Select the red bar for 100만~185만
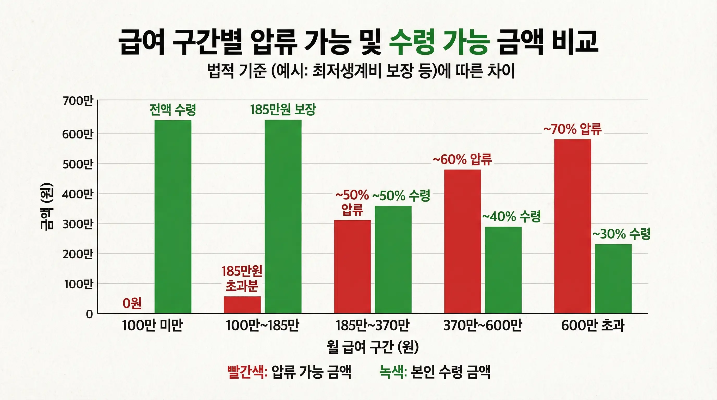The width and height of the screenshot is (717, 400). (242, 305)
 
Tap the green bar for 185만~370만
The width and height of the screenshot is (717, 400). (393, 259)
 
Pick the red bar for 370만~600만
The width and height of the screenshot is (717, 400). (462, 241)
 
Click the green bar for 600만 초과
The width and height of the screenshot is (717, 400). (613, 278)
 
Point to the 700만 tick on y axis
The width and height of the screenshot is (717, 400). (77, 101)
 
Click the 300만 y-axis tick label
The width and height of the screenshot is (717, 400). (77, 224)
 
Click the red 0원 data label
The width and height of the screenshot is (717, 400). (132, 303)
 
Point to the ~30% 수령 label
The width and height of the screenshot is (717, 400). (621, 234)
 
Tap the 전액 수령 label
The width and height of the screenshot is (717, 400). (173, 110)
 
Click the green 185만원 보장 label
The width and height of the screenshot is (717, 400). (283, 110)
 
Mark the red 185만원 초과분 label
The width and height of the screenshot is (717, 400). (242, 278)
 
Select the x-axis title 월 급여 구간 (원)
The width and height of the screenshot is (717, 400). (372, 347)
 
